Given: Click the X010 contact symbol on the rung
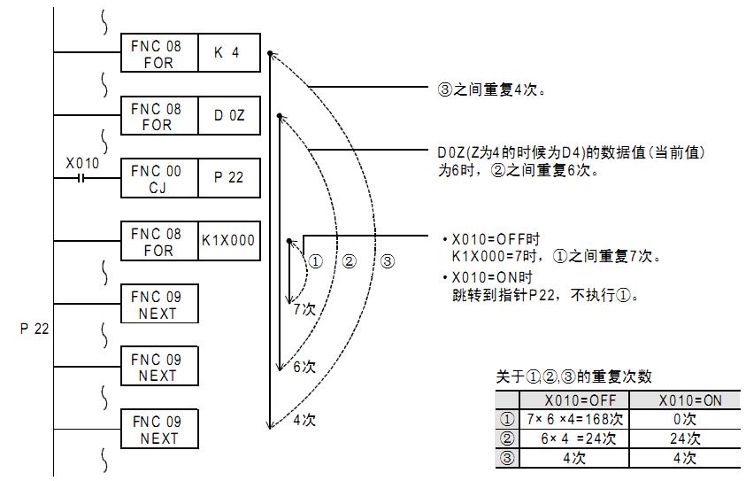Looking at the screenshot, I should (81, 177).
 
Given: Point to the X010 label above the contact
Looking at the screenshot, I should (82, 163).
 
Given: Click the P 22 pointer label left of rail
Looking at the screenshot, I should (34, 329).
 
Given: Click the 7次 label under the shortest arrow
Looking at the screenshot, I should (304, 309).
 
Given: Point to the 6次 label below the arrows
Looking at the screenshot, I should (304, 367).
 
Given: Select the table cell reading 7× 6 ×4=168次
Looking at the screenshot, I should (573, 419).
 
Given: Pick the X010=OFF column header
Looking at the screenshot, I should (573, 400).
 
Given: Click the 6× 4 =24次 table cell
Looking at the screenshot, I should (573, 438).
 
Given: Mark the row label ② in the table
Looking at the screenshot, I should (506, 438).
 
